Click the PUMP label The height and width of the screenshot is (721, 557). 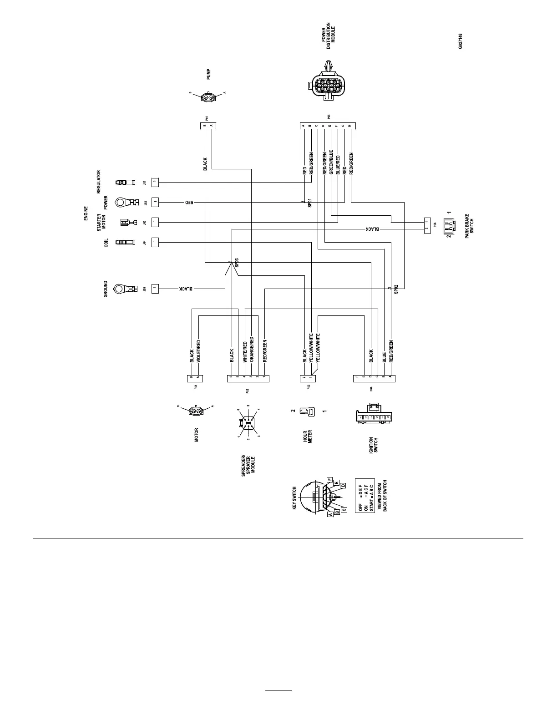(209, 74)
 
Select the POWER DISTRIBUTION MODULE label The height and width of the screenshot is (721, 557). (328, 35)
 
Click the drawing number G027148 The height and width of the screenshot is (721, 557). (461, 41)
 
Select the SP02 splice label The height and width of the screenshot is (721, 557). (396, 289)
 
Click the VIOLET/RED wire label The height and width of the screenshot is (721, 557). (198, 351)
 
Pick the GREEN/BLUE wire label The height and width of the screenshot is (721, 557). (331, 162)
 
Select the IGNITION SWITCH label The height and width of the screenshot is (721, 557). (374, 446)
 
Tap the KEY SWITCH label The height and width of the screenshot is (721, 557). (294, 498)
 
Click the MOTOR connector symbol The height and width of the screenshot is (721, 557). (196, 411)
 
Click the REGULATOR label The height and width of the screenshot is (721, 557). (99, 182)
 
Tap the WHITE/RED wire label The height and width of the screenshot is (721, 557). (245, 351)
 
